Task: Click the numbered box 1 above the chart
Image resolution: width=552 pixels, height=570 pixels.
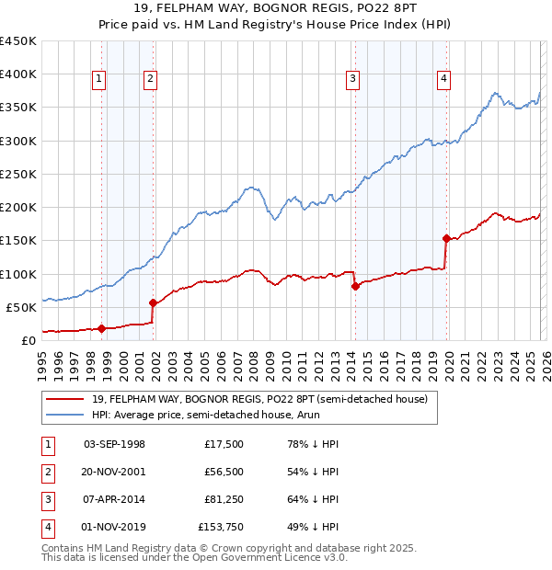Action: coord(98,79)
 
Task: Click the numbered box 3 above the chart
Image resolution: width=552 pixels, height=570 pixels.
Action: coord(352,79)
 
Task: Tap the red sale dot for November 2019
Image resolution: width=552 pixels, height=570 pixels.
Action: coord(446,238)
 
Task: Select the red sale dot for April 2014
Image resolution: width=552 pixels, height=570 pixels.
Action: coord(355,286)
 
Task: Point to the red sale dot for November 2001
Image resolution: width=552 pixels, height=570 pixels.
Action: coord(154,302)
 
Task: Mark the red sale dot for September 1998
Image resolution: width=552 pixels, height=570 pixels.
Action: coord(101,328)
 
